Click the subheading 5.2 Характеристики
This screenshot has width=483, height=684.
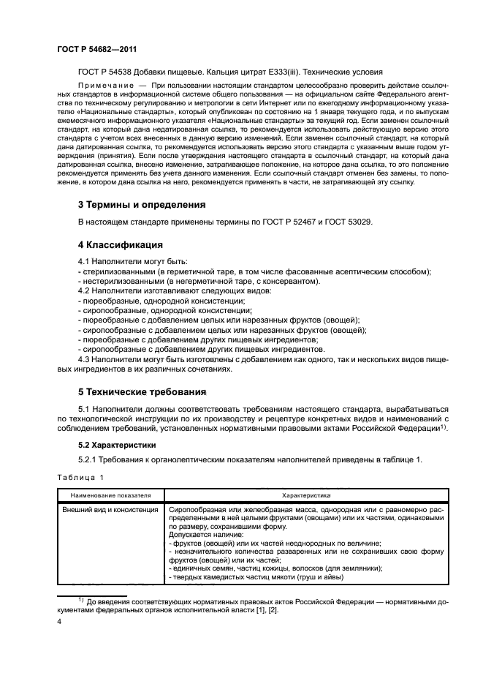coord(118,444)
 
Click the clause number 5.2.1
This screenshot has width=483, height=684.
coord(89,460)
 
